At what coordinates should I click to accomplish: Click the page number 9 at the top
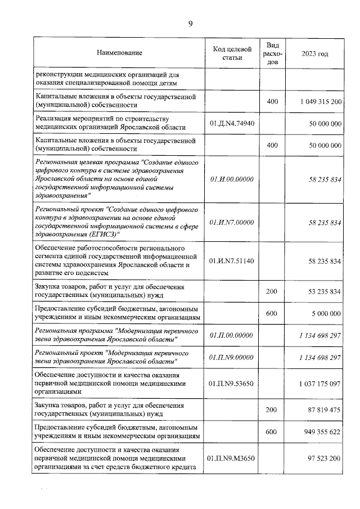pyautogui.click(x=191, y=23)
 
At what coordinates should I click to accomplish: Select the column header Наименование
pyautogui.click(x=119, y=53)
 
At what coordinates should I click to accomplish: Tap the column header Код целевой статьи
pyautogui.click(x=232, y=53)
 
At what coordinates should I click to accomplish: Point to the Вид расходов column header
pyautogui.click(x=272, y=53)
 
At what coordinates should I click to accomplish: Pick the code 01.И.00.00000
pyautogui.click(x=232, y=179)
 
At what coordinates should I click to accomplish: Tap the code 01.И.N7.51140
pyautogui.click(x=232, y=261)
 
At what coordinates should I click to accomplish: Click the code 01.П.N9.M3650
pyautogui.click(x=232, y=459)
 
